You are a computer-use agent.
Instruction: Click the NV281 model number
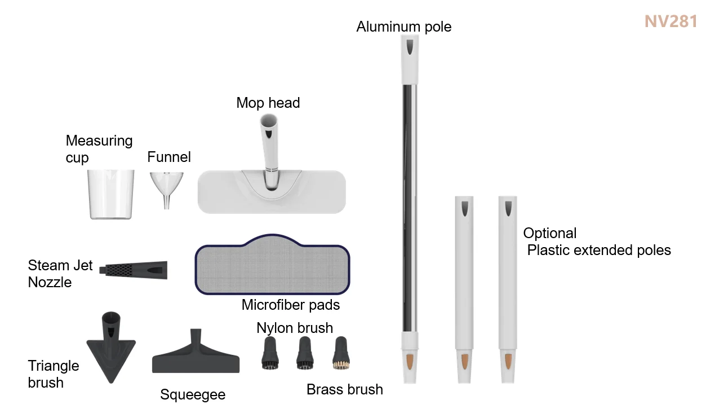pos(671,21)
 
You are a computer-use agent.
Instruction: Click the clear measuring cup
pos(111,194)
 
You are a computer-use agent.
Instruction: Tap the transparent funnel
pos(166,186)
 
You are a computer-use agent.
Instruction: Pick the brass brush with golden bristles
pos(340,354)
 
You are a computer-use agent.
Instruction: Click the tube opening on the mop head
pos(269,120)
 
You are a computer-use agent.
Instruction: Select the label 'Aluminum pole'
pos(404,27)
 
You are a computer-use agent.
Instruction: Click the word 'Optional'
pos(550,233)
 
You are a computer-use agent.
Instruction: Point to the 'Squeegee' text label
pos(193,394)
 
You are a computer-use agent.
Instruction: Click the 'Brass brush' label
pos(345,389)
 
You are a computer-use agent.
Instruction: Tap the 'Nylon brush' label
pos(295,328)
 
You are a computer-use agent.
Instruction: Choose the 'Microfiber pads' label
pos(291,305)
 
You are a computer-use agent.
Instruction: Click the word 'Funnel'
pos(169,157)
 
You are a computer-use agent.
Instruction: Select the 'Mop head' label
pos(268,103)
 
